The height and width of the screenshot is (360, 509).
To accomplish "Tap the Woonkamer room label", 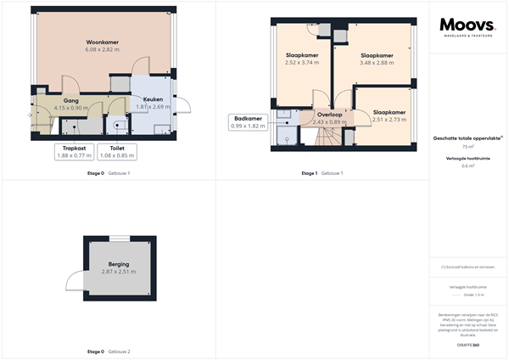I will (x=101, y=42).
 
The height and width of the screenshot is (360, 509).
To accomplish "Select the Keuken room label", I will (x=154, y=100).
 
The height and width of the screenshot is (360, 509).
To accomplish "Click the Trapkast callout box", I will (x=73, y=151).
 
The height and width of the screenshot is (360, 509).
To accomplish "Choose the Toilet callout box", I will (x=117, y=151).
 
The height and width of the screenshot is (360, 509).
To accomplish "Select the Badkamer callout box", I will (x=248, y=121).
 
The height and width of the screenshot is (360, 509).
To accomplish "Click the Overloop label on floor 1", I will (x=330, y=115).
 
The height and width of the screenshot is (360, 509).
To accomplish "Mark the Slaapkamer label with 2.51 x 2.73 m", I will (x=389, y=112).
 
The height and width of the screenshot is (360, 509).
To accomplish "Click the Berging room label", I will (x=119, y=264).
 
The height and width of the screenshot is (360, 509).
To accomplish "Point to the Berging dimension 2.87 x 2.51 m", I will (x=119, y=272).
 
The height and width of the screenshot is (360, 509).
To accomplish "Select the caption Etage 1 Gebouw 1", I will (x=322, y=173).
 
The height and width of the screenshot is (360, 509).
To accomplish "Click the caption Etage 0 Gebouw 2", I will (x=108, y=352).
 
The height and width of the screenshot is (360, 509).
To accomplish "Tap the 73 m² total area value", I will (x=467, y=147).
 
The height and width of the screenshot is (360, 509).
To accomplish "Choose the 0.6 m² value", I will (x=467, y=166).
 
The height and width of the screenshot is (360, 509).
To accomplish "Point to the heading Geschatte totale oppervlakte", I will (x=467, y=138).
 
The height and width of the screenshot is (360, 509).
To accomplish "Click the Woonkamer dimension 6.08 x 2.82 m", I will (x=101, y=50).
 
